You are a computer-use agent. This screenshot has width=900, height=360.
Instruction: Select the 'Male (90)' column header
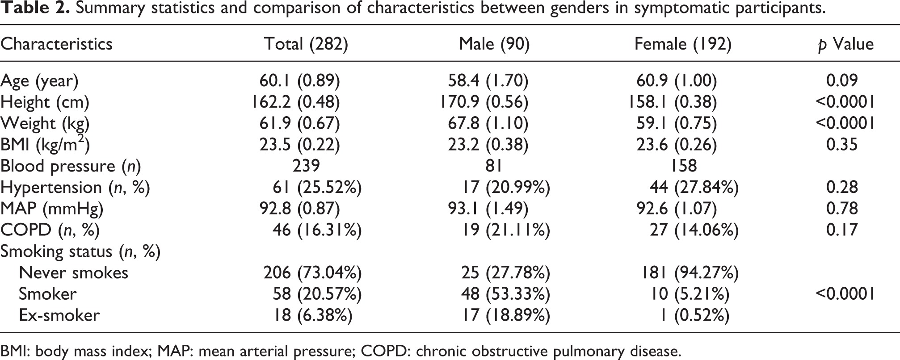(x=494, y=44)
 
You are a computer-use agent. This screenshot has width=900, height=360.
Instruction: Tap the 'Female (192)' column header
(x=683, y=44)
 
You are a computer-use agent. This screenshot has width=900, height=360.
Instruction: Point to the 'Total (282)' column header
(x=306, y=44)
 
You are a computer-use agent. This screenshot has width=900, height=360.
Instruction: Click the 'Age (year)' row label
(x=39, y=81)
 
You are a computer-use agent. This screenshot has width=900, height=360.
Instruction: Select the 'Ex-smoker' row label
(x=59, y=315)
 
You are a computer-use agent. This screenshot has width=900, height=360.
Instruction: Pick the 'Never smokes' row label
(x=73, y=272)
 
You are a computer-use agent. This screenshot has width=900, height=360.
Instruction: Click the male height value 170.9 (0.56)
(x=484, y=102)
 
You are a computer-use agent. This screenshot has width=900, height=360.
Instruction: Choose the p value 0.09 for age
(x=842, y=81)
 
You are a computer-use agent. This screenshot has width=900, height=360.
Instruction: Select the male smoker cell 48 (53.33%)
(x=505, y=294)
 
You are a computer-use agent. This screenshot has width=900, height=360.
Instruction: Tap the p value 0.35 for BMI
(x=842, y=145)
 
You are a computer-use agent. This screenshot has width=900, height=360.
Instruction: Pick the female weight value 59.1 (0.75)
(x=677, y=123)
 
